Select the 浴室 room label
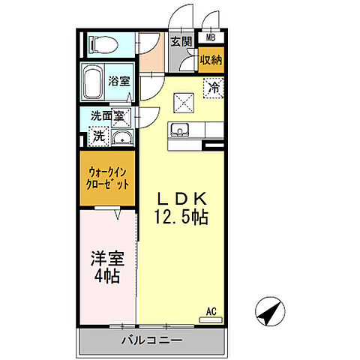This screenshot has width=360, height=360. tap(118, 80)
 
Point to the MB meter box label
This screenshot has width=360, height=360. tap(211, 37)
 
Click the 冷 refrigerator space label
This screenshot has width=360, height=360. tap(214, 87)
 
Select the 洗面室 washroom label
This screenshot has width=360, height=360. tap(108, 117)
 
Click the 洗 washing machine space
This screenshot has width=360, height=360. tap(97, 137)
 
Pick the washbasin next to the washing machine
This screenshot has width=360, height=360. tap(121, 137)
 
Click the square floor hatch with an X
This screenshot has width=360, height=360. tap(184, 100)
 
